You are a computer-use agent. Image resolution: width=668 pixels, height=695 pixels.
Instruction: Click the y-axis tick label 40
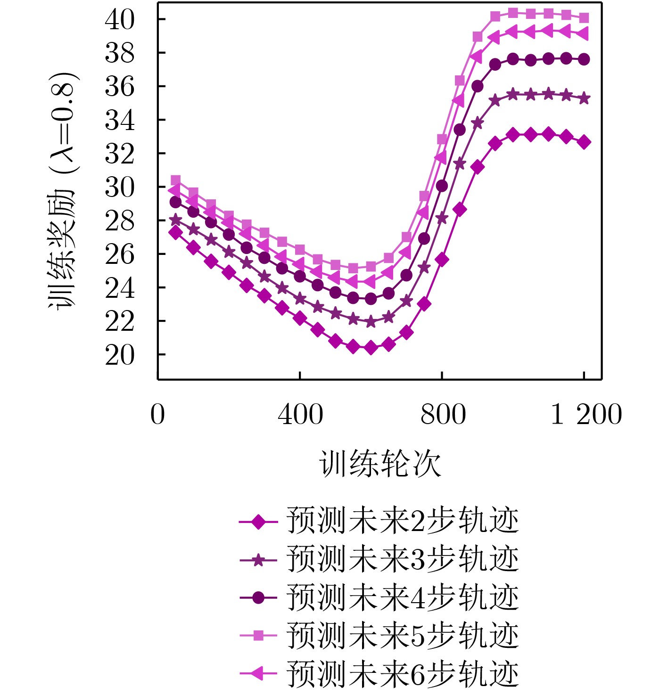(x=119, y=20)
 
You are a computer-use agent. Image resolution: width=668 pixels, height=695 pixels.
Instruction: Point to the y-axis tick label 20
(x=119, y=355)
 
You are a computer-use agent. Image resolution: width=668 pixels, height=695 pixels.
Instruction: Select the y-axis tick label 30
(x=119, y=188)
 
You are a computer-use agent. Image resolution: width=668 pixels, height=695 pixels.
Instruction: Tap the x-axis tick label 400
(x=300, y=415)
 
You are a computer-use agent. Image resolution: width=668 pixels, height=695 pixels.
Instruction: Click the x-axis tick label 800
(x=443, y=415)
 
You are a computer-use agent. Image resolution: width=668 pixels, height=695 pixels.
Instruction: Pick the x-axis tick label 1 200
(x=586, y=415)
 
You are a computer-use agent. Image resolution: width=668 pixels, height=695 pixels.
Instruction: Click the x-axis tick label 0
(x=158, y=415)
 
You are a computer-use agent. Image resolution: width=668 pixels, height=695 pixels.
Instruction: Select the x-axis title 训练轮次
(x=380, y=464)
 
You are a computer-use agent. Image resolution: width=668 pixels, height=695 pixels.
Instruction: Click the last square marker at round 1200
(x=584, y=18)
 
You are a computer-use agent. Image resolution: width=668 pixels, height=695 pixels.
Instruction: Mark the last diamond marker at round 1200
(x=584, y=142)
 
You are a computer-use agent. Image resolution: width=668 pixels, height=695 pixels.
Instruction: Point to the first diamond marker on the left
(x=175, y=232)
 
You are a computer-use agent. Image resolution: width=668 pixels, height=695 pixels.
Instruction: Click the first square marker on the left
(x=175, y=180)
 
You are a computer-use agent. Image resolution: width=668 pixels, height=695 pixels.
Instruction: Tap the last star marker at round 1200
(x=584, y=98)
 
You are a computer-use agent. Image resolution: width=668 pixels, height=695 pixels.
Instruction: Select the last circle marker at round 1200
(x=584, y=59)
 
